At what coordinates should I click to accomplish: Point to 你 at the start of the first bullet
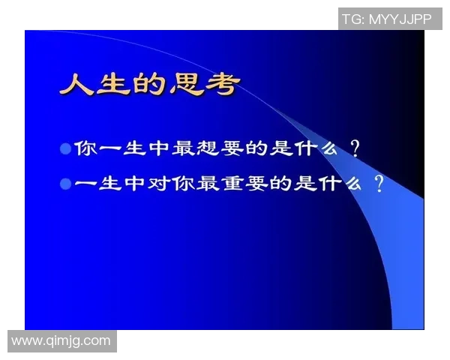click(x=83, y=148)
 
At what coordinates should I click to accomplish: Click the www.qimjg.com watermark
click(x=61, y=341)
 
